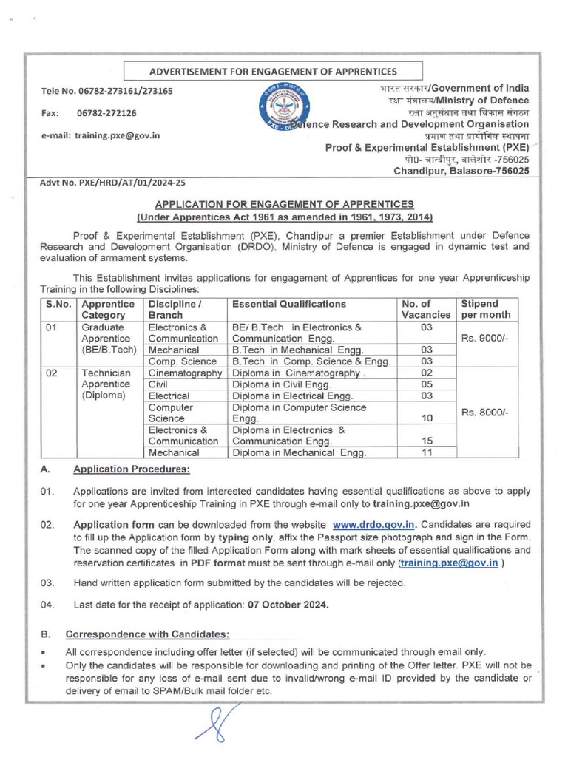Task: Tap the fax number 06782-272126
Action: pos(106,113)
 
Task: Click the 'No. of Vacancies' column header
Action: pos(425,309)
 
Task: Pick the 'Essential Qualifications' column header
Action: pos(289,304)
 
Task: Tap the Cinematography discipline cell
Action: pos(186,373)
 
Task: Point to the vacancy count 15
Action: pos(426,441)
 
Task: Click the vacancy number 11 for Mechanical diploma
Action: pos(426,452)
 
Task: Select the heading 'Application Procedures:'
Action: pos(131,469)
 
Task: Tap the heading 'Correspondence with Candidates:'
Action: pos(147,634)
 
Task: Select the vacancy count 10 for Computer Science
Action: pos(426,418)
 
